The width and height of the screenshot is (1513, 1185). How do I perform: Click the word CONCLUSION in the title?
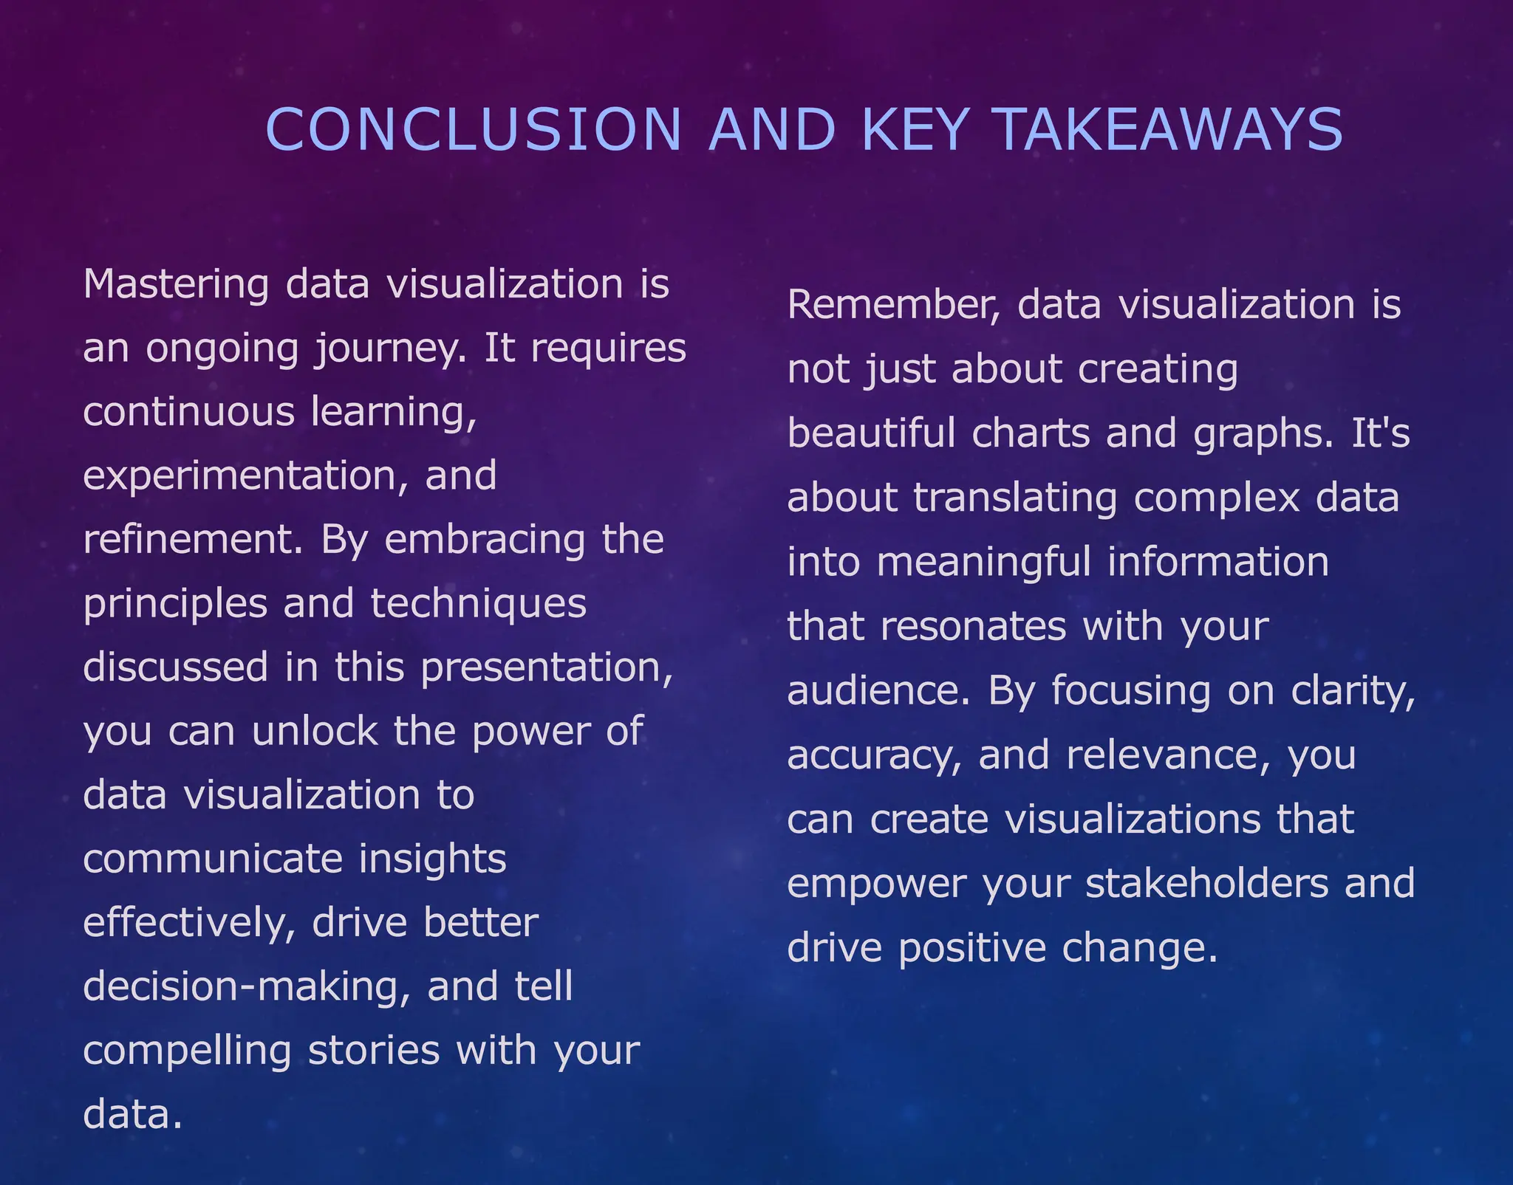[473, 130]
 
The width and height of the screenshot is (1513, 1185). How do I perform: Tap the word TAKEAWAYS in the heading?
[1169, 130]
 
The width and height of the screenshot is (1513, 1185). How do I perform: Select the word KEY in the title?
[915, 130]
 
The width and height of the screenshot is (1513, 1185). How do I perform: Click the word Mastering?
[176, 285]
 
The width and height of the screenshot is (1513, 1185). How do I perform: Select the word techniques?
[478, 604]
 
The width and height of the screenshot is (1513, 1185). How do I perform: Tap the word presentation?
[546, 668]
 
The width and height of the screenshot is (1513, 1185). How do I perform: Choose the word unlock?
[315, 732]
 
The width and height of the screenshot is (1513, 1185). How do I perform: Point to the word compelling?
[187, 1051]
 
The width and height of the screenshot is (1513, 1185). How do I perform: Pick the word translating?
[1015, 498]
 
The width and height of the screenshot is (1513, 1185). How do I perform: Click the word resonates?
[974, 627]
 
